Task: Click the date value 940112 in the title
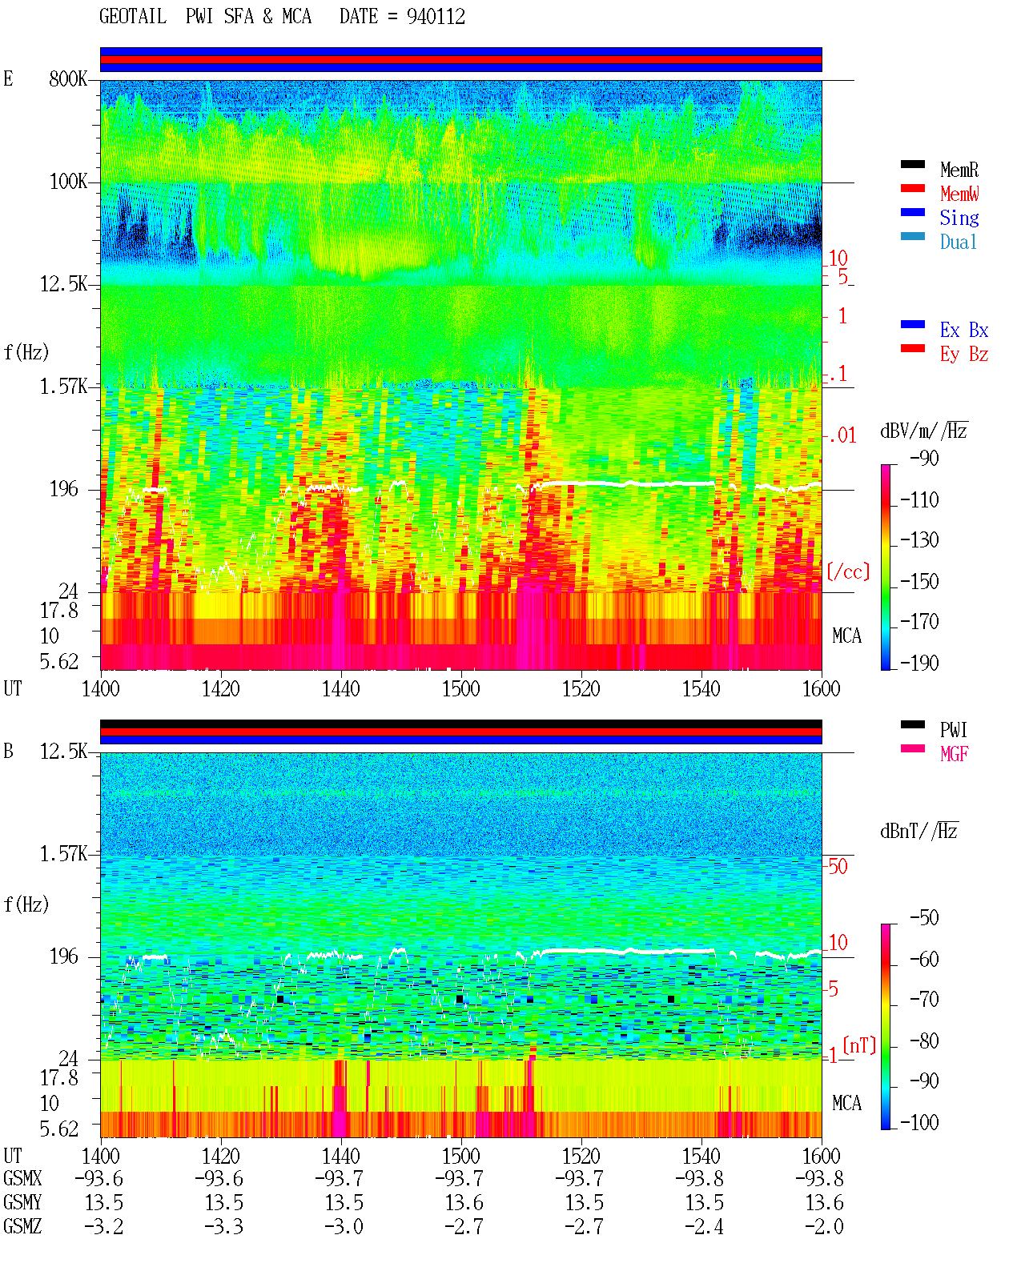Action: (436, 17)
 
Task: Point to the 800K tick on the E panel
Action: (67, 78)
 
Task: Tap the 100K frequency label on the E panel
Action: (68, 182)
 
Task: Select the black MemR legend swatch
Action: (912, 164)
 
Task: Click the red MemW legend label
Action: (959, 193)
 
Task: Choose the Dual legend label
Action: (959, 242)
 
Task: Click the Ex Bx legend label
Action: (964, 330)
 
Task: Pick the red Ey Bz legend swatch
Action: (912, 348)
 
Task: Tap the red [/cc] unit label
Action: (848, 571)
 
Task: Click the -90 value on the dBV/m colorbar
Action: (924, 458)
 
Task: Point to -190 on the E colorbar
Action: (919, 663)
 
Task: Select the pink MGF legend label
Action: (954, 754)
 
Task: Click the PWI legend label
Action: (953, 730)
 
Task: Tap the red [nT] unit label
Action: (859, 1045)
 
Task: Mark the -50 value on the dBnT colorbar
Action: (924, 918)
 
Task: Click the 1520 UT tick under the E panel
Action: (581, 689)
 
